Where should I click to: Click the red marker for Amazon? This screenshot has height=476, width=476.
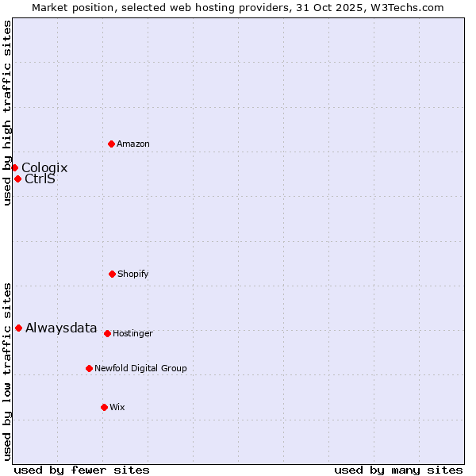click(x=111, y=144)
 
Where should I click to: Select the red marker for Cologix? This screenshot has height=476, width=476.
click(x=14, y=167)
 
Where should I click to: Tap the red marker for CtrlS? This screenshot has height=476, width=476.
click(x=17, y=178)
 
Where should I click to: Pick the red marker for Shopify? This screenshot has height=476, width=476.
click(x=112, y=274)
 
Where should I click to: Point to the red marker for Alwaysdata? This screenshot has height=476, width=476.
click(x=18, y=328)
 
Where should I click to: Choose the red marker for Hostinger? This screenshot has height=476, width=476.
click(x=107, y=333)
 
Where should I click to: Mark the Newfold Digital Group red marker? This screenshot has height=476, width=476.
click(x=89, y=368)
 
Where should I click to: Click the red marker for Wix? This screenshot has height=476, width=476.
click(x=104, y=407)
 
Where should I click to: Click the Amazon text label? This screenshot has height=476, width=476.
click(x=133, y=144)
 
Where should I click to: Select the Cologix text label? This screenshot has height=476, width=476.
click(x=44, y=167)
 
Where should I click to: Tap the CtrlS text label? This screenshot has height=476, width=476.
click(x=40, y=178)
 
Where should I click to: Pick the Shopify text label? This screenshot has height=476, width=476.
click(x=133, y=274)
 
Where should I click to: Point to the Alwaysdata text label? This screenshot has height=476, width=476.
click(x=61, y=328)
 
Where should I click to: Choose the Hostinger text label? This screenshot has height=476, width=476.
click(x=132, y=333)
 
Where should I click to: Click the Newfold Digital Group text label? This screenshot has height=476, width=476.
click(x=140, y=368)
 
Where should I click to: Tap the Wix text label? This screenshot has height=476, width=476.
click(x=117, y=407)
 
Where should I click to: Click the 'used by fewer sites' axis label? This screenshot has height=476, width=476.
click(x=82, y=470)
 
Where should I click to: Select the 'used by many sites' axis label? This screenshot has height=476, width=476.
click(x=398, y=470)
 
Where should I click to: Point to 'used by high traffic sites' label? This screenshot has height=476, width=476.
click(x=7, y=113)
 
